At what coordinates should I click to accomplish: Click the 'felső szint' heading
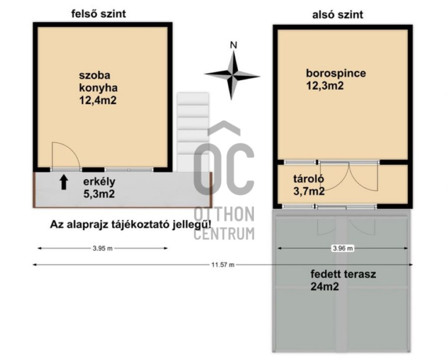[x=98, y=14]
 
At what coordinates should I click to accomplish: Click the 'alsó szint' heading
[x=337, y=14]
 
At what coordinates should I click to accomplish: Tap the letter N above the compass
[x=234, y=45]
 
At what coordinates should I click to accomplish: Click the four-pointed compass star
[x=232, y=75]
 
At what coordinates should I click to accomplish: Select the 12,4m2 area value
[x=98, y=100]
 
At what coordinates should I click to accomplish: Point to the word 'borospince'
[x=336, y=73]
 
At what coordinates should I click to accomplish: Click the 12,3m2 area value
[x=325, y=86]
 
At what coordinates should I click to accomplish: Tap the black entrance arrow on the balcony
[x=64, y=182]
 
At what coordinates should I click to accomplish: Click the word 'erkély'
[x=99, y=182]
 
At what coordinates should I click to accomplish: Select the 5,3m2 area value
[x=99, y=194]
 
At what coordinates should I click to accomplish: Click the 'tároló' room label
[x=308, y=179]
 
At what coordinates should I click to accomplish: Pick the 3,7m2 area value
[x=309, y=191]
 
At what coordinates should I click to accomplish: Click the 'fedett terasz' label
[x=343, y=274]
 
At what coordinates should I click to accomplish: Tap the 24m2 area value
[x=325, y=286]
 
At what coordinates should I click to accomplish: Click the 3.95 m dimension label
[x=102, y=248]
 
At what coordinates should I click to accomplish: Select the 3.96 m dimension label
[x=343, y=248]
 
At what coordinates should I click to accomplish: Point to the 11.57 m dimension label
[x=223, y=265]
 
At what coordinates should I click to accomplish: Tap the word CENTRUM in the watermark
[x=224, y=233]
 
